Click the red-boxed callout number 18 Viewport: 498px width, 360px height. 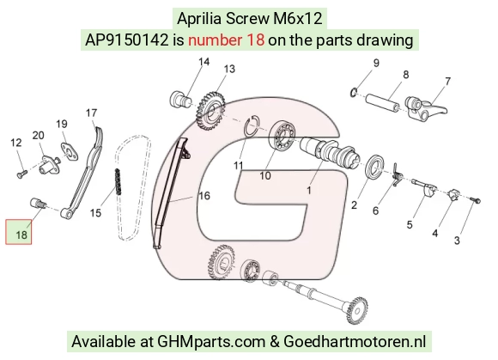[x=21, y=235]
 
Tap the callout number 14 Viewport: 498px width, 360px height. [x=203, y=62]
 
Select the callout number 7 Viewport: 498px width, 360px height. [x=447, y=82]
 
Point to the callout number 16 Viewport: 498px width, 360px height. [x=204, y=196]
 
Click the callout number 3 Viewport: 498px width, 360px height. [x=457, y=241]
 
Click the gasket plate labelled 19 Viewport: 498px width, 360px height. [x=70, y=152]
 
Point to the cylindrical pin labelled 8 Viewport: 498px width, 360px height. [x=382, y=101]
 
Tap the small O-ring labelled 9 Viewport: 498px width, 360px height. [x=354, y=92]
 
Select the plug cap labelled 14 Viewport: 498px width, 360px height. [x=180, y=99]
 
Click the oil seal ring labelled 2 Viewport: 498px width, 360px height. [x=374, y=165]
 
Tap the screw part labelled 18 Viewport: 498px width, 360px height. [x=38, y=204]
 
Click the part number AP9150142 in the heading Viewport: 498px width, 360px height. [x=126, y=40]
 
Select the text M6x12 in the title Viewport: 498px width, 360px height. [x=298, y=18]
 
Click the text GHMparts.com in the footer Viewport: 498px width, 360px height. [x=211, y=342]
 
